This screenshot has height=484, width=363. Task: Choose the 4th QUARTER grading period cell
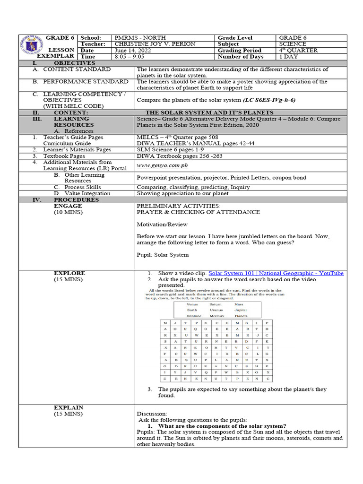pos(298,50)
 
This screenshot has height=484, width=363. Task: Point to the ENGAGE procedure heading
pos(68,206)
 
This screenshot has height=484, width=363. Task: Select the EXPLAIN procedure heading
pos(69,407)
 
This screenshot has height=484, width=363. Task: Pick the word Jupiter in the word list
pos(241,310)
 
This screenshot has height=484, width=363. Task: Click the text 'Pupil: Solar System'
pos(163,255)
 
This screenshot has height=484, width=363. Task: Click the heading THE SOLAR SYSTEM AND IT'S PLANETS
pos(209,112)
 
